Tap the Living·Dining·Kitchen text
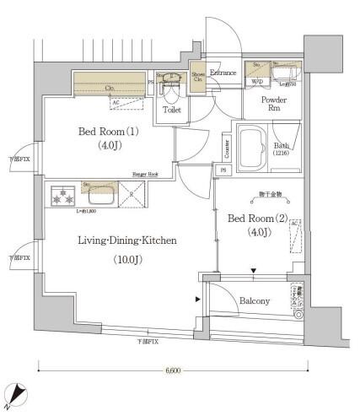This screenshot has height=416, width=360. click(x=126, y=240)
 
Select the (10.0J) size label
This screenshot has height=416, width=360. click(x=126, y=260)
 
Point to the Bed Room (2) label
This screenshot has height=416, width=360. click(x=258, y=218)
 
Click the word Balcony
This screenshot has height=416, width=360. click(x=253, y=300)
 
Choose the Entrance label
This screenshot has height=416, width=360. click(x=223, y=73)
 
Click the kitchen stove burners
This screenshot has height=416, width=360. click(x=60, y=197)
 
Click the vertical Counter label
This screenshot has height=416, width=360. click(x=228, y=149)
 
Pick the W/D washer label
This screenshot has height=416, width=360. click(x=256, y=82)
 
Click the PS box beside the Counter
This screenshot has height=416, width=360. click(x=223, y=170)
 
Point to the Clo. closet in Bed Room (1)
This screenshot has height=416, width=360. click(x=110, y=85)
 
